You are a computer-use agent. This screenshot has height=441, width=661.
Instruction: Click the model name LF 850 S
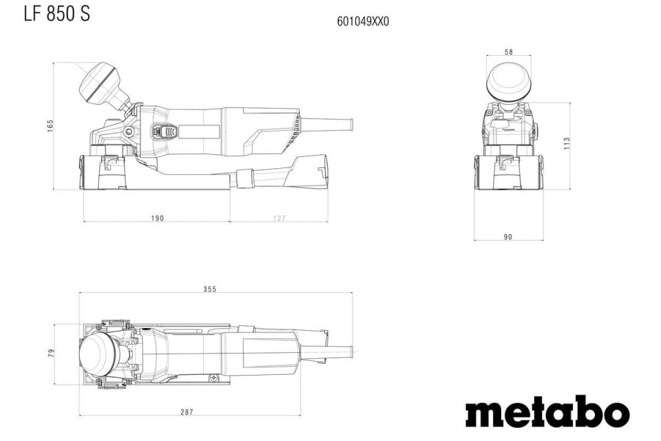(56, 13)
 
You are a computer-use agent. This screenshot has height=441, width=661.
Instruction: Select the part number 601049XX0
(363, 21)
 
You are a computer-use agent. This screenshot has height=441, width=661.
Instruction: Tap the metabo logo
(547, 412)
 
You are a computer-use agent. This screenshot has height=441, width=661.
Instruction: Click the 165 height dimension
(50, 126)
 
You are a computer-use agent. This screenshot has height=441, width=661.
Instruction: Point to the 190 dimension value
(157, 218)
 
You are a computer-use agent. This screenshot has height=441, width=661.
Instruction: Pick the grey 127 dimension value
(279, 218)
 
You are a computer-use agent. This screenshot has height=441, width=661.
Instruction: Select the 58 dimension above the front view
(508, 52)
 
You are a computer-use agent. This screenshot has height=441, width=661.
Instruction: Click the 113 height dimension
(567, 144)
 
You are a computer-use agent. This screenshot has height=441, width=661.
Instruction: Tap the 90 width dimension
(508, 237)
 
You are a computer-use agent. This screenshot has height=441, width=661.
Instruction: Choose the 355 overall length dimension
(210, 289)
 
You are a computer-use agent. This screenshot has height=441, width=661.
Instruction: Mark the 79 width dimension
(50, 353)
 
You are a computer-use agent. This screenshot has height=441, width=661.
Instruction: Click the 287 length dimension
(187, 412)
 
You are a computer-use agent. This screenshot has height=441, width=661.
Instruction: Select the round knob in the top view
(100, 353)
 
